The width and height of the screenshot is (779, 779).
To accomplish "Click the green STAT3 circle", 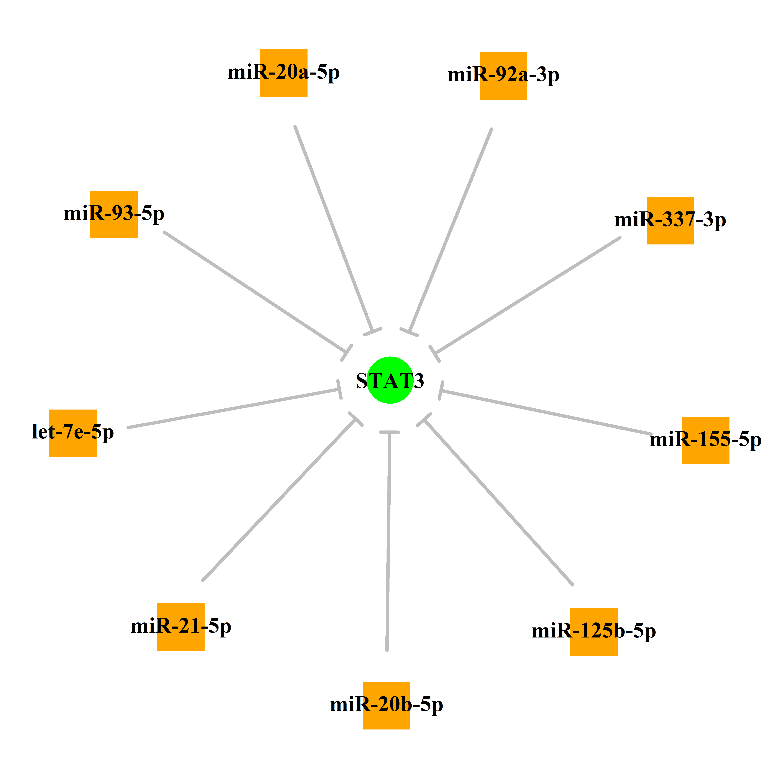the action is (x=390, y=380).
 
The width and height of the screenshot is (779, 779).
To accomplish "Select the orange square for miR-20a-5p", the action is (x=283, y=73).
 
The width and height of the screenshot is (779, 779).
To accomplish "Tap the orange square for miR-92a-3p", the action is (x=503, y=76).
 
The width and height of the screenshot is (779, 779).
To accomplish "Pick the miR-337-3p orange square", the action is (x=670, y=221).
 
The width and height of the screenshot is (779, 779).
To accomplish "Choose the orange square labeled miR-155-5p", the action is (x=706, y=440).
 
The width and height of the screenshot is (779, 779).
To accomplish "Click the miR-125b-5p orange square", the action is (x=594, y=632).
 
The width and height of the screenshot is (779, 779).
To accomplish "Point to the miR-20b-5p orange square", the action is (x=386, y=706).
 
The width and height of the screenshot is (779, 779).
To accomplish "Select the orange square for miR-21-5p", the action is (x=181, y=627).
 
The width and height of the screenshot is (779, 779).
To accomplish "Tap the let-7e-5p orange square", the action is (x=73, y=433).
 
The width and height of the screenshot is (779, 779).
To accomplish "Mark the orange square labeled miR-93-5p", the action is (x=114, y=215).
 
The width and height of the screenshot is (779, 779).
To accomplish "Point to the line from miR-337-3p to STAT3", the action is (x=527, y=295).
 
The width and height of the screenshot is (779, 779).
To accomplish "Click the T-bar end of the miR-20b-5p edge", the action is (x=389, y=432).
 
